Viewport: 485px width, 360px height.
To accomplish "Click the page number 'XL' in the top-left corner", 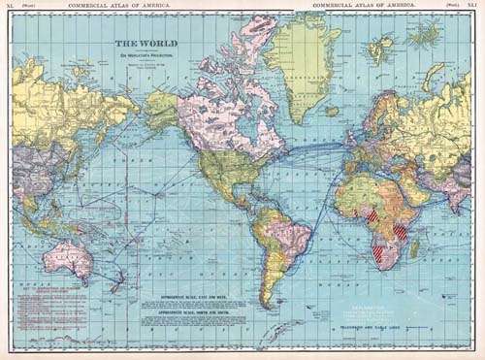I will click(x=11, y=6).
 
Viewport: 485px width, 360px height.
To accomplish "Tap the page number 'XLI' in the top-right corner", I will click(x=472, y=6).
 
